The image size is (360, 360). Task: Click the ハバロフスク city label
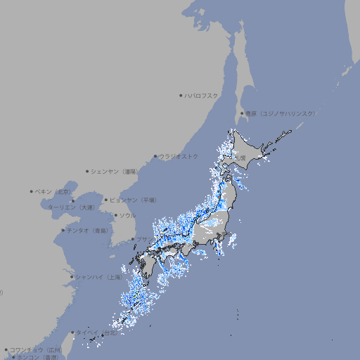coord(201,95)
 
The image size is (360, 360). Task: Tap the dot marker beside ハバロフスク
coord(181,95)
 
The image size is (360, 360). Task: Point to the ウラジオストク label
coord(179,156)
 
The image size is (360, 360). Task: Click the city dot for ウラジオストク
coord(155,156)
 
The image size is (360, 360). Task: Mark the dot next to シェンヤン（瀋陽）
coord(87,171)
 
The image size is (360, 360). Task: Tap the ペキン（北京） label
coord(53,191)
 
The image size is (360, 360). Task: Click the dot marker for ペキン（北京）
coord(32,191)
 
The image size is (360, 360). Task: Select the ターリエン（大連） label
coord(70,207)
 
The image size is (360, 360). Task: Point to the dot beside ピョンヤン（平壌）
coord(107,200)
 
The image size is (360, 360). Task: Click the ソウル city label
coord(127,215)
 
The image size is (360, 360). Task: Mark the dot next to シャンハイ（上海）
coord(72,277)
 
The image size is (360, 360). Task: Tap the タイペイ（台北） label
coord(97,333)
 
